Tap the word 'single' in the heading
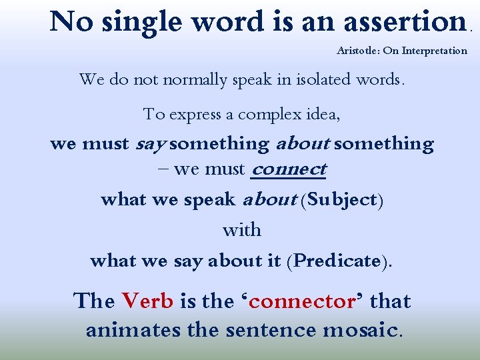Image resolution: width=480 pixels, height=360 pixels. point(138,23)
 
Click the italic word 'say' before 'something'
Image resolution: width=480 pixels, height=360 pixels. point(151,144)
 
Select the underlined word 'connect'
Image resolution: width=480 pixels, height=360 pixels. point(288,169)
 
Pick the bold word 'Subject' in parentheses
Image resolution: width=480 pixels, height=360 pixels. point(341,200)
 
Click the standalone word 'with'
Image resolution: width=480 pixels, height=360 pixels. point(241,230)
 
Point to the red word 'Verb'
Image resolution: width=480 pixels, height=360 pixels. point(147,301)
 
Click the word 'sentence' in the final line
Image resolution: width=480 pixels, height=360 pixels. point(270,330)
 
